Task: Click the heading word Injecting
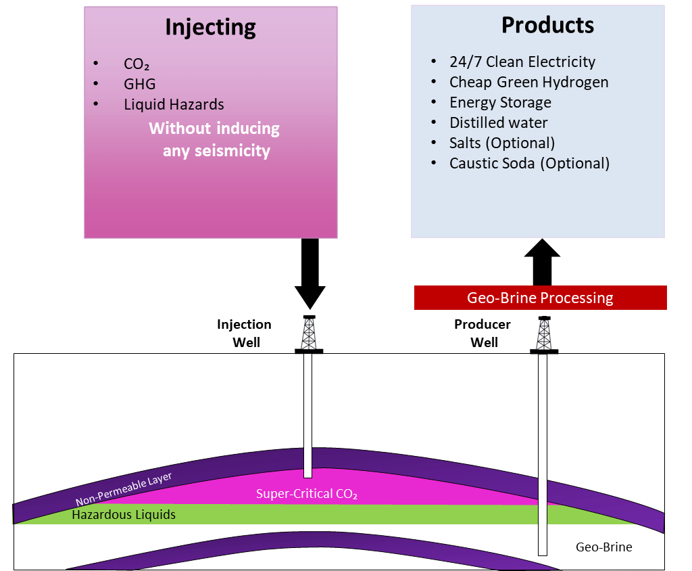211,28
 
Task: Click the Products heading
547,25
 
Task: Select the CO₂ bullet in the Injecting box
137,65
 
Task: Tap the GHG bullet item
140,85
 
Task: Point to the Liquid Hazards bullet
174,104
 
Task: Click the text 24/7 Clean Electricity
522,62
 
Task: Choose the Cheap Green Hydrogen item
528,83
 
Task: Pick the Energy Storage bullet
500,103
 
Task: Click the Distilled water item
498,122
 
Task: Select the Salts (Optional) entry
501,143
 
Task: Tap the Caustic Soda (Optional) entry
529,163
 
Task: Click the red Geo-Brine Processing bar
540,298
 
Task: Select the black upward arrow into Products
542,261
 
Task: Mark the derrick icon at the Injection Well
309,335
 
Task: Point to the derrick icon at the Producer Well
544,335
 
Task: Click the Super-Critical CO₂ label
306,494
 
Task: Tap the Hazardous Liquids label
124,515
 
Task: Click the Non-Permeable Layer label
124,488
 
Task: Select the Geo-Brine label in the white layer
603,547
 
